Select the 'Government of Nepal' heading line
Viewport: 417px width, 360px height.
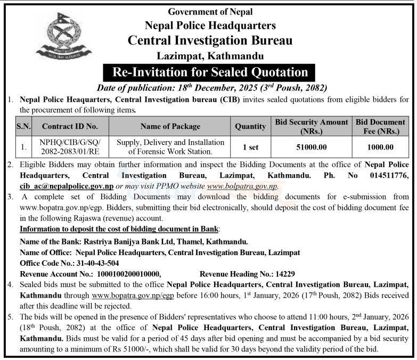pyautogui.click(x=210, y=12)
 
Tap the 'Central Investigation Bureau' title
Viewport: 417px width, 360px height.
pyautogui.click(x=210, y=40)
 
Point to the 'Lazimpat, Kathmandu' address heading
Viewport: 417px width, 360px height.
pyautogui.click(x=210, y=55)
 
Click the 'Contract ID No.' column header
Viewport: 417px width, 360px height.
pyautogui.click(x=69, y=126)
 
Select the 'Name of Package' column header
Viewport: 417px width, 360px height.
pyautogui.click(x=170, y=126)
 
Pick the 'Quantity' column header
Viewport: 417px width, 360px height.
pyautogui.click(x=250, y=126)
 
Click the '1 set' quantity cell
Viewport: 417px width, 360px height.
pyautogui.click(x=250, y=146)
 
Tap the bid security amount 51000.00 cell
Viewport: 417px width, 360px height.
pyautogui.click(x=312, y=146)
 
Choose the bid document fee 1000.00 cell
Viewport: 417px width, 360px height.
pyautogui.click(x=381, y=146)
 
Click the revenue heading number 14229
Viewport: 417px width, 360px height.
pyautogui.click(x=284, y=273)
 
